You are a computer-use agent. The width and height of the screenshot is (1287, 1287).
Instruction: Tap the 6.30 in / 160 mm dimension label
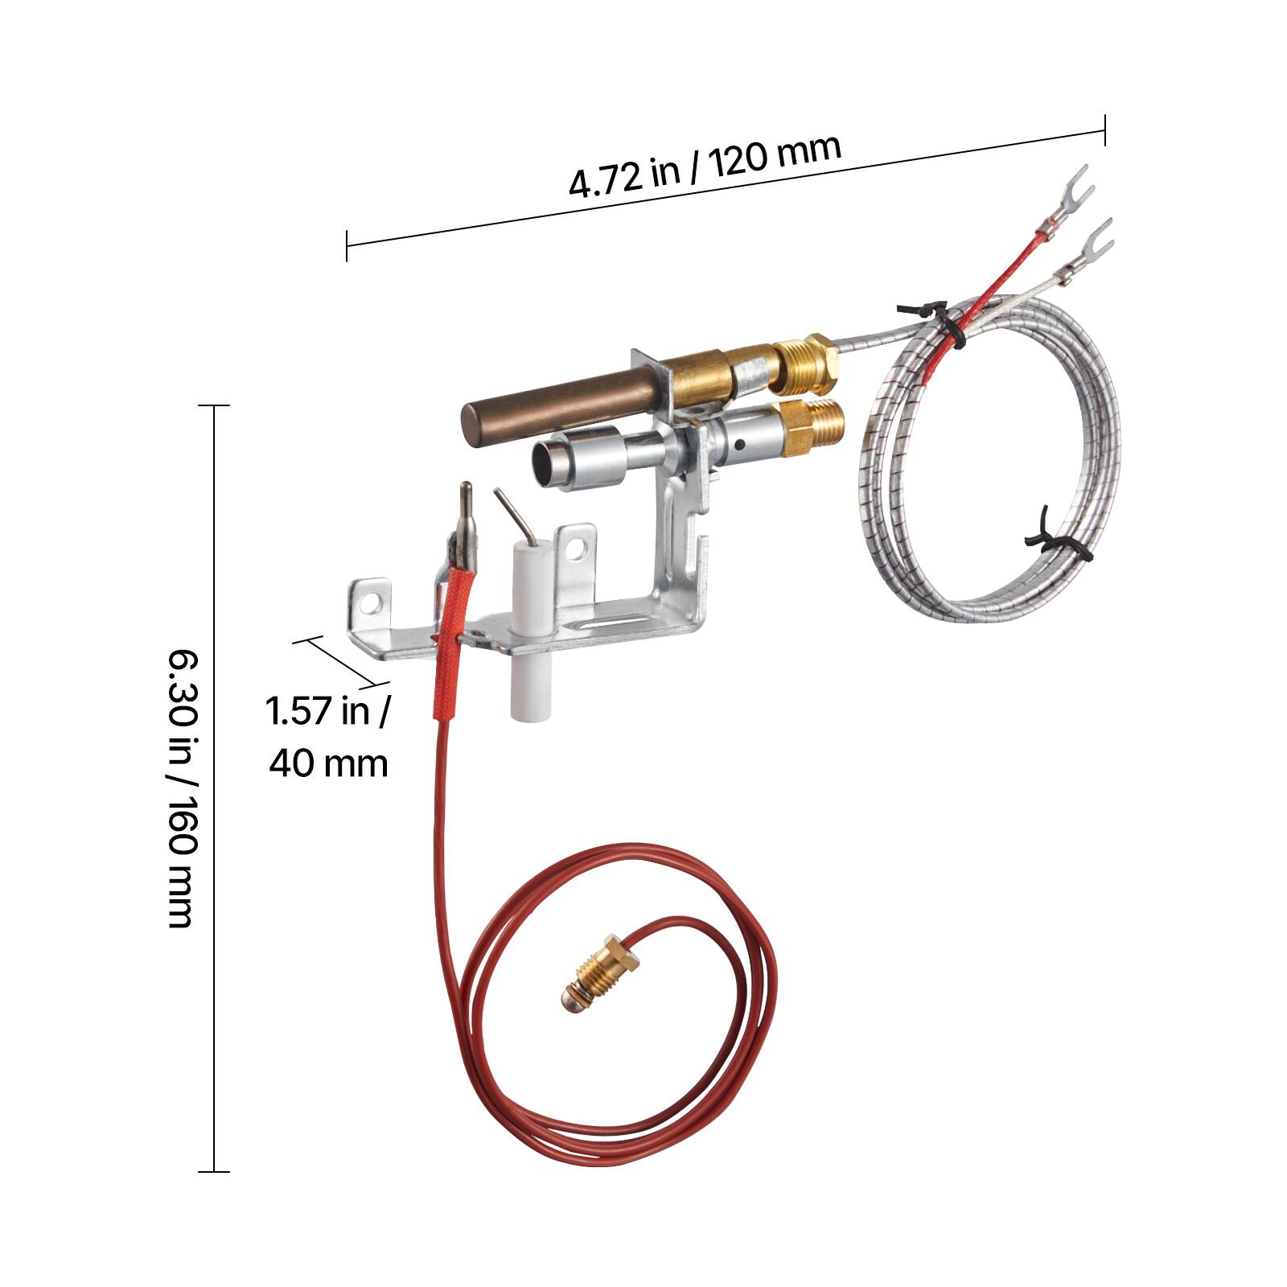(179, 788)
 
